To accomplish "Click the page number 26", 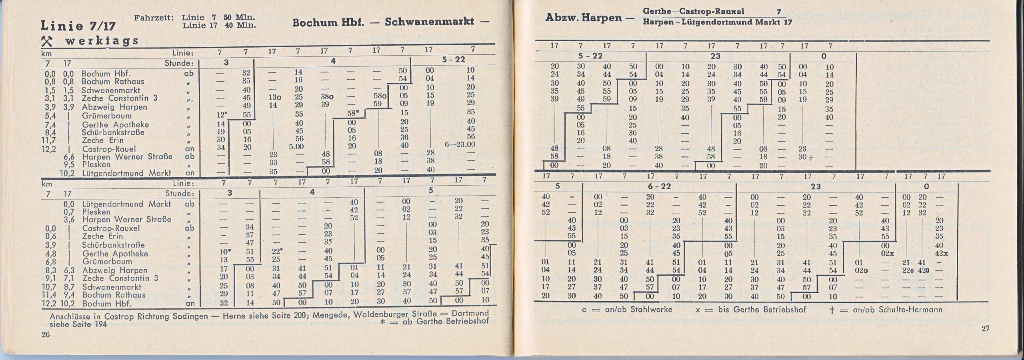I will [46, 334].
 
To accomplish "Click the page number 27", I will [985, 328].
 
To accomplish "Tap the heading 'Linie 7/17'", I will [78, 26].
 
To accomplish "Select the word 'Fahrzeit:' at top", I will [154, 18].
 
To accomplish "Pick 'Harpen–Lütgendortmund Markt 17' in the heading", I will [718, 22].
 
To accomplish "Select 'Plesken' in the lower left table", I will [96, 212].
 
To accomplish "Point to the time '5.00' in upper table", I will [296, 147].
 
